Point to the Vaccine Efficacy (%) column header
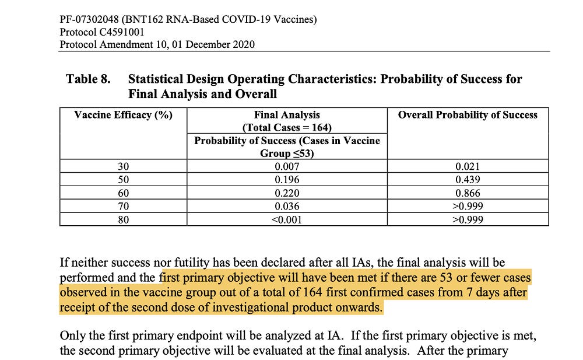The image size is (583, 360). (x=124, y=115)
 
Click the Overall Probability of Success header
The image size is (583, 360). (x=468, y=115)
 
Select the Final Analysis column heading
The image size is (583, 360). (x=287, y=115)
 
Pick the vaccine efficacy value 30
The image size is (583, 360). (x=124, y=166)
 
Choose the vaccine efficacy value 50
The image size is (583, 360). (x=124, y=180)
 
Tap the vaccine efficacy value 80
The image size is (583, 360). (x=124, y=220)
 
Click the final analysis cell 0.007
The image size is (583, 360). (x=287, y=166)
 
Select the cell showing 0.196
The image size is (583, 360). (x=287, y=180)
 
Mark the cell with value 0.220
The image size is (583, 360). (x=287, y=193)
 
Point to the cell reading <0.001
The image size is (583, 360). (x=287, y=220)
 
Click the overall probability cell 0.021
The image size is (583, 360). (x=468, y=166)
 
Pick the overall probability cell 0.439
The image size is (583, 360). (x=468, y=180)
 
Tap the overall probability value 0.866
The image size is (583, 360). (x=468, y=193)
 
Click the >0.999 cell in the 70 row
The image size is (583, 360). (x=468, y=207)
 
